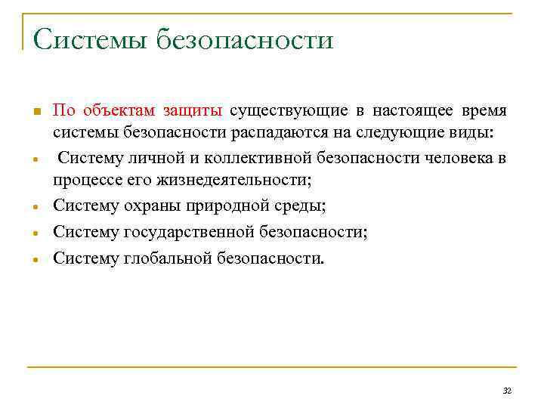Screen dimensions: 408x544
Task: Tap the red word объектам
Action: (x=116, y=112)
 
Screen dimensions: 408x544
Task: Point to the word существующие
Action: (x=289, y=112)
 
